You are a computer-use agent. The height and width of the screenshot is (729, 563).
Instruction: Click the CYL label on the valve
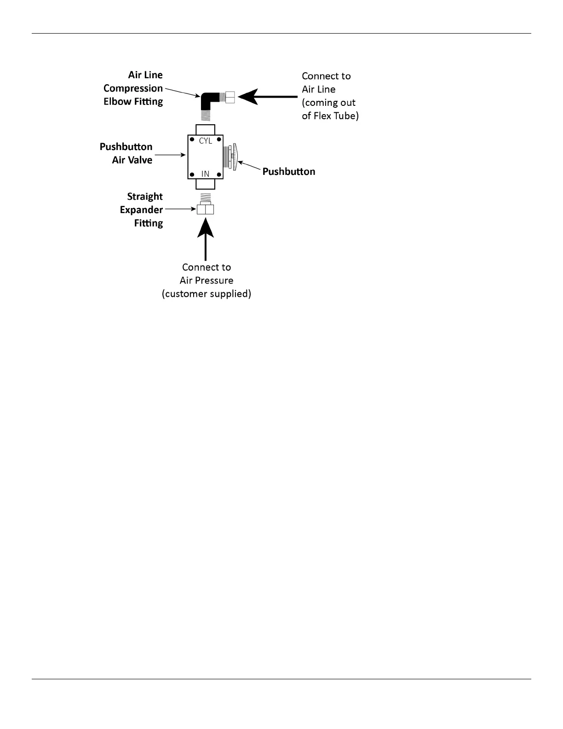coord(205,141)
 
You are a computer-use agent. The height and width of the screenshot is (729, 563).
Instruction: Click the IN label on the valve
coord(205,174)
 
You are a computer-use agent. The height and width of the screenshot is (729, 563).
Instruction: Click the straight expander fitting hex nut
coord(205,209)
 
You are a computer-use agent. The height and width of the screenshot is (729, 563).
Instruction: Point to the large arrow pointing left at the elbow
coord(267,97)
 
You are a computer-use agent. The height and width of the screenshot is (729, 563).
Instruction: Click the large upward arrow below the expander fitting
coord(205,239)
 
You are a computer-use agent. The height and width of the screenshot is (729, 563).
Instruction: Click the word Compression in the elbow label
coord(133,88)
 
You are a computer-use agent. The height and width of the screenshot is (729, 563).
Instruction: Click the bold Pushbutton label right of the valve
coord(288,172)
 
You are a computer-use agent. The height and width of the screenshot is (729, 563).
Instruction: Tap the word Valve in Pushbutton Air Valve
coord(141,160)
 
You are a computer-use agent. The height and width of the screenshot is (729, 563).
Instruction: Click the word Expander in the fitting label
coord(141,210)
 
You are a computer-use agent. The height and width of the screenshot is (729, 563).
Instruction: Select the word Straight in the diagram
coord(145,197)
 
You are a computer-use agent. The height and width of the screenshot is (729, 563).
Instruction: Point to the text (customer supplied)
coord(206,294)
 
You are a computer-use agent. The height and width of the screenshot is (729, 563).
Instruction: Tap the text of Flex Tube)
coord(330,116)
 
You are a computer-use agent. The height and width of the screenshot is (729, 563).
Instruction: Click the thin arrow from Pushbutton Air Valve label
coord(170,156)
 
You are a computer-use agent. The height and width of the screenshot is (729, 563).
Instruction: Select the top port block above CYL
coord(205,129)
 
